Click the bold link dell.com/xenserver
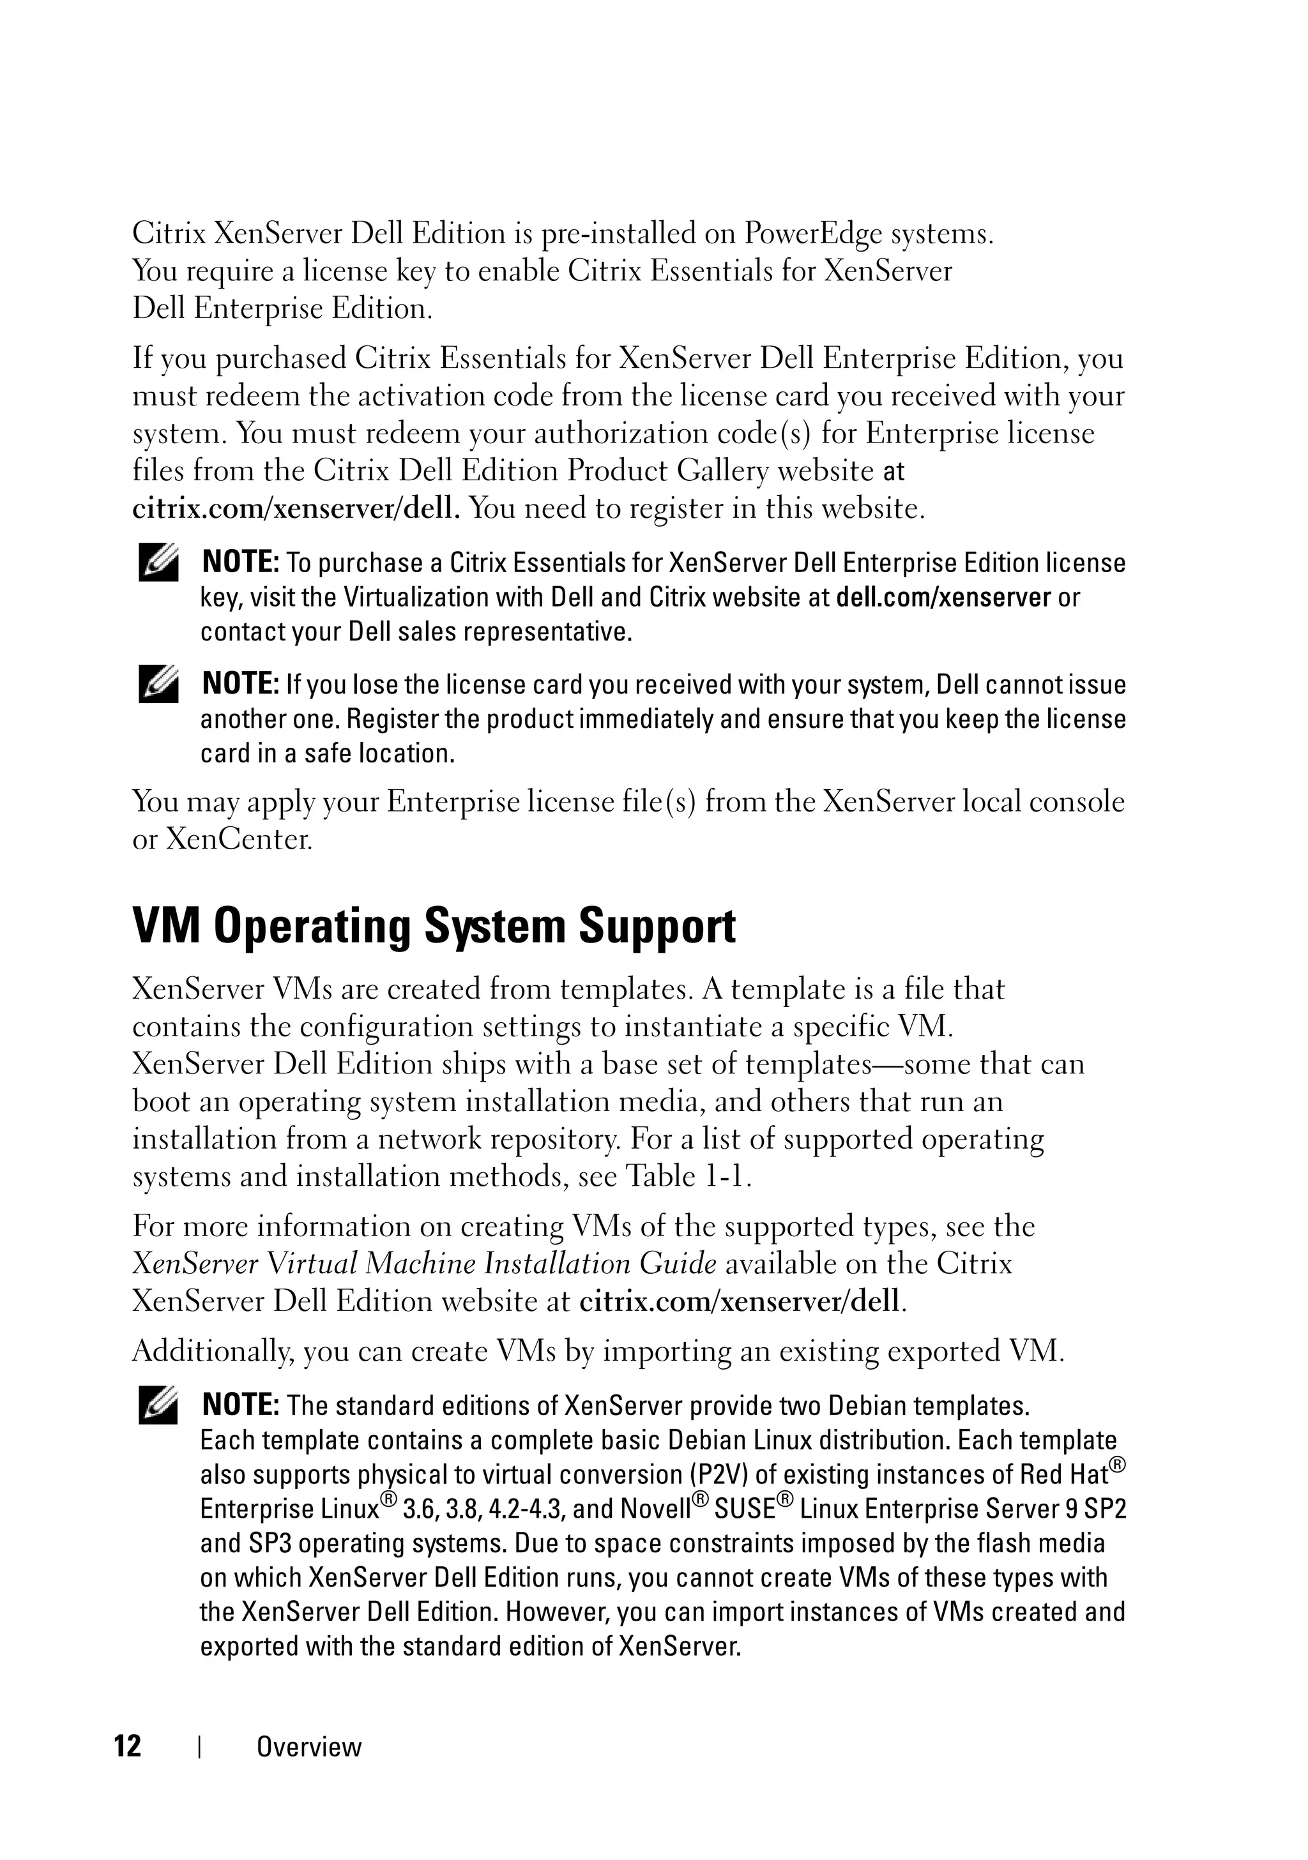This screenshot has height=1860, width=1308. (x=943, y=597)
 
